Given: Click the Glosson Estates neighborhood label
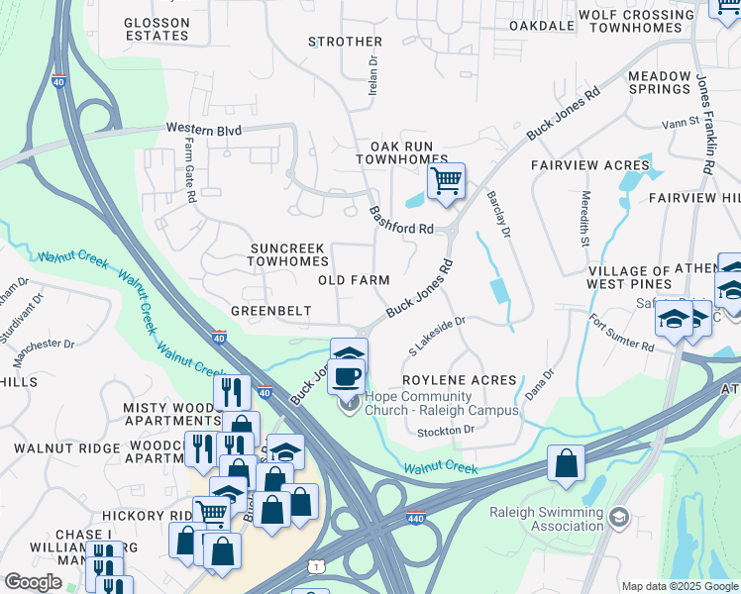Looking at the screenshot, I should (157, 28).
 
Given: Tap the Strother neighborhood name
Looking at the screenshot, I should (345, 42).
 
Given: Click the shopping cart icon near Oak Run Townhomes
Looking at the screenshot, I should (447, 182).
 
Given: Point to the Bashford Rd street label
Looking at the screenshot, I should (402, 220).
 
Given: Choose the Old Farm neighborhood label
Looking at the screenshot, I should (354, 280).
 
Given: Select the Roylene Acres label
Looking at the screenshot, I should (459, 380).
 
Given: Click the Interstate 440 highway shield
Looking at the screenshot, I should (417, 518).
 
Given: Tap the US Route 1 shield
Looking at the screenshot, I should (314, 564).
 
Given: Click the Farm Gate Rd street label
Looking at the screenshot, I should (189, 170).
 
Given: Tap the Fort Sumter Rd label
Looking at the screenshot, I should (622, 334).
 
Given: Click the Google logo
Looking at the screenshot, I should (34, 582).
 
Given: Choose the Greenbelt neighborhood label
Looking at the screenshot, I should (270, 311).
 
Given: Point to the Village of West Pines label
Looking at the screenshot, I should (629, 278).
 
